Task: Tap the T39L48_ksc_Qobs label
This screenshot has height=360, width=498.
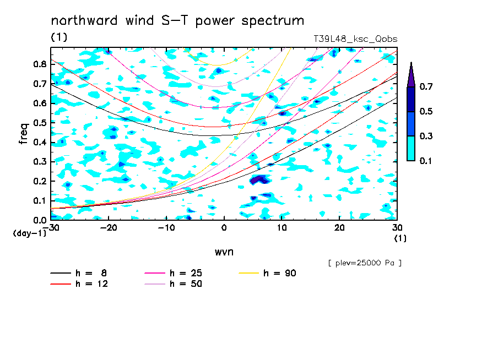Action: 355,39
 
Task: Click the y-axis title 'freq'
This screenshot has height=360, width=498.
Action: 23,134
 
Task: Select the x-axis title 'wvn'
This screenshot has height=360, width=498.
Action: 224,252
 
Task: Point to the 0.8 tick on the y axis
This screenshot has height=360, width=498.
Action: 40,64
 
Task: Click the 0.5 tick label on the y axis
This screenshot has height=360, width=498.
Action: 40,123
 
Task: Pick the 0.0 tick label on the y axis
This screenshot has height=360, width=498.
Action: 40,220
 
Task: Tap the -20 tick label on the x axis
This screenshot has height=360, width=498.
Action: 109,228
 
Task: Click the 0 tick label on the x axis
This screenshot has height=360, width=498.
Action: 224,228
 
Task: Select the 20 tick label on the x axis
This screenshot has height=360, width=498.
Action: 339,228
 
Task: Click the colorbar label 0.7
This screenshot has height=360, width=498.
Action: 426,86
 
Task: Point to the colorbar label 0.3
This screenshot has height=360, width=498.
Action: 426,136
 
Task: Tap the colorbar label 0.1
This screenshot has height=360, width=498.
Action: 426,161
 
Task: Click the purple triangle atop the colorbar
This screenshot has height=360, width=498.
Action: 411,76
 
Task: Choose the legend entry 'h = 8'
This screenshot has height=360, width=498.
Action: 78,273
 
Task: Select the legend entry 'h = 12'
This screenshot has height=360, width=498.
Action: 79,283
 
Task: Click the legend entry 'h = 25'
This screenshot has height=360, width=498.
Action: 174,273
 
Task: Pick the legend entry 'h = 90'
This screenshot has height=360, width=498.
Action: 267,273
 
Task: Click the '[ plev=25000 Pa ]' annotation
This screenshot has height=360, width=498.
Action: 365,263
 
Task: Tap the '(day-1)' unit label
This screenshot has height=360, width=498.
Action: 30,233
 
